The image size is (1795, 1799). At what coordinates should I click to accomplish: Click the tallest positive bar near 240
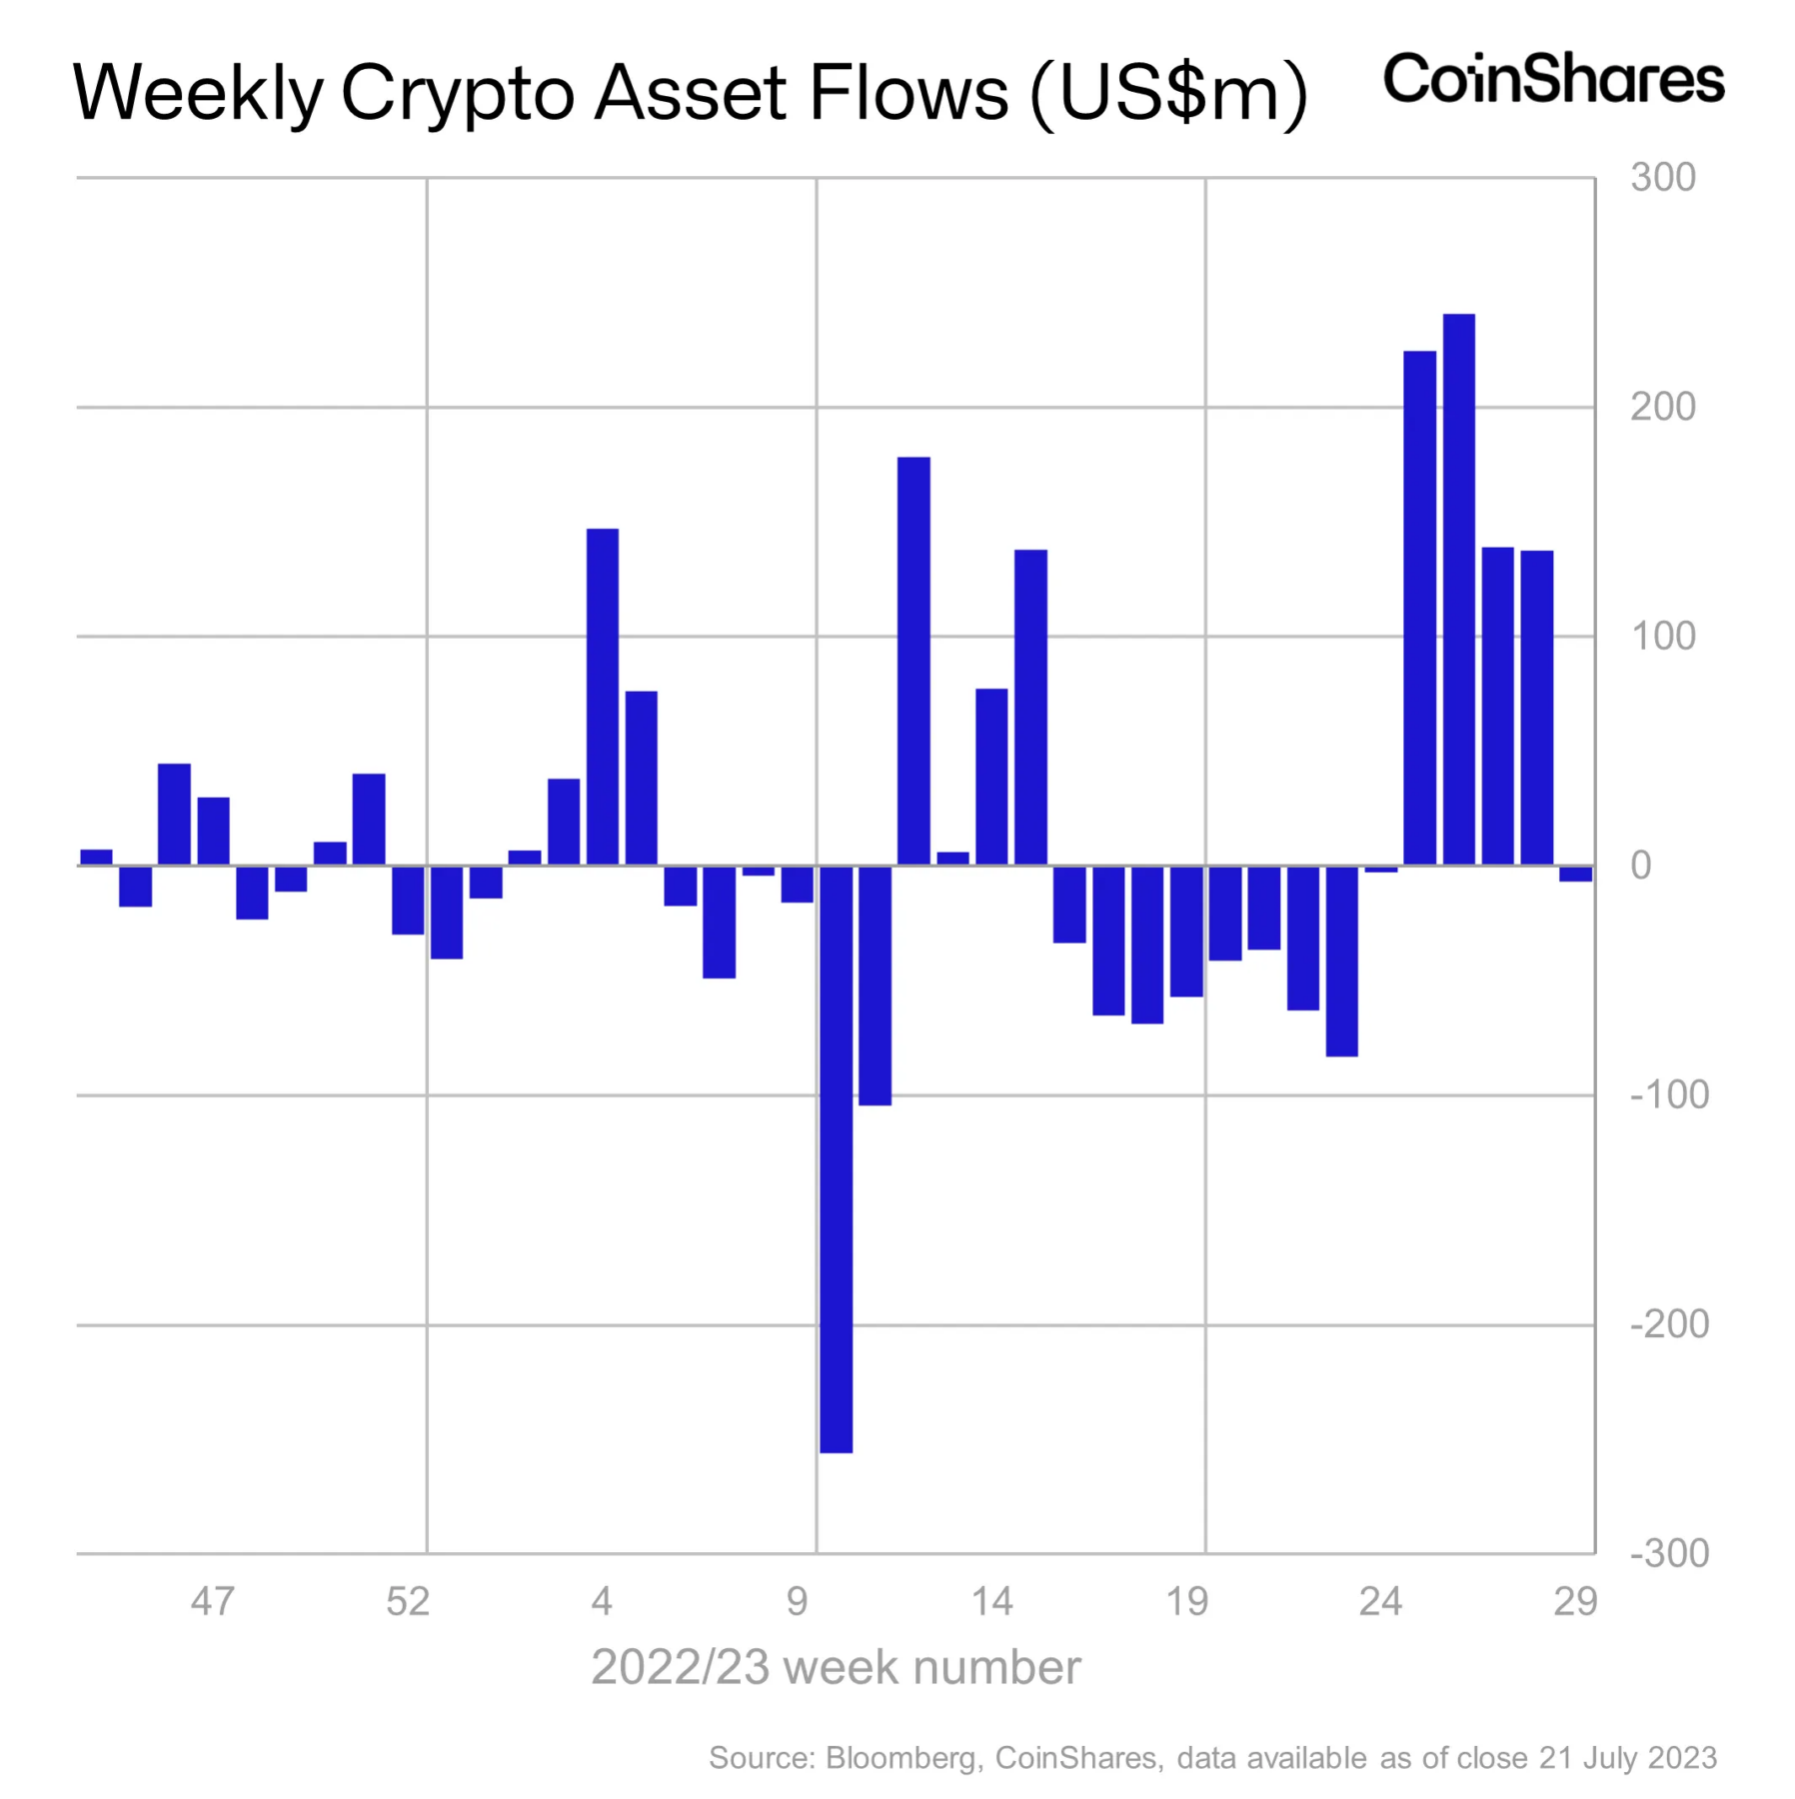click(1458, 590)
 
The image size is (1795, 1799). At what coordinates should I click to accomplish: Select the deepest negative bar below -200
click(836, 1159)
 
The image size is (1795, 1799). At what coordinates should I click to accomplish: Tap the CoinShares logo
click(1552, 80)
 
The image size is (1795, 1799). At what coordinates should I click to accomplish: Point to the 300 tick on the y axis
click(1662, 178)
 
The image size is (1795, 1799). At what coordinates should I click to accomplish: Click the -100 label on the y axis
click(1668, 1095)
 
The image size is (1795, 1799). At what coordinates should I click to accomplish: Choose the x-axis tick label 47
click(212, 1601)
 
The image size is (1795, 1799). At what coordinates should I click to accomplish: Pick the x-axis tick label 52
click(407, 1601)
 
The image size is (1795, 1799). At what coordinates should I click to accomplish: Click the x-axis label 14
click(991, 1601)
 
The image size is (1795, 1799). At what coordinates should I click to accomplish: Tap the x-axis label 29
click(1574, 1601)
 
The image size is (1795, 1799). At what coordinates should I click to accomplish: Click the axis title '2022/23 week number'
click(836, 1667)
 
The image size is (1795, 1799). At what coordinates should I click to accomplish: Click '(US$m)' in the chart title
click(1167, 93)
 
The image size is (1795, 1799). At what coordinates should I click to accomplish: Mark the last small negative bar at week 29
click(1575, 874)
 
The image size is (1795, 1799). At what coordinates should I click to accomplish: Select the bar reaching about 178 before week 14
click(913, 660)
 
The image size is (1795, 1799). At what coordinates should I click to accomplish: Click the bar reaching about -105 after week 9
click(875, 984)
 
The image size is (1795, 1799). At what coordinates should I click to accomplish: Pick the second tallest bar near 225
click(1419, 608)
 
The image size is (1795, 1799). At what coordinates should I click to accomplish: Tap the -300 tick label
click(1668, 1554)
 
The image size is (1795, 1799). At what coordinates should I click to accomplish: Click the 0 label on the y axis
click(1640, 866)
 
